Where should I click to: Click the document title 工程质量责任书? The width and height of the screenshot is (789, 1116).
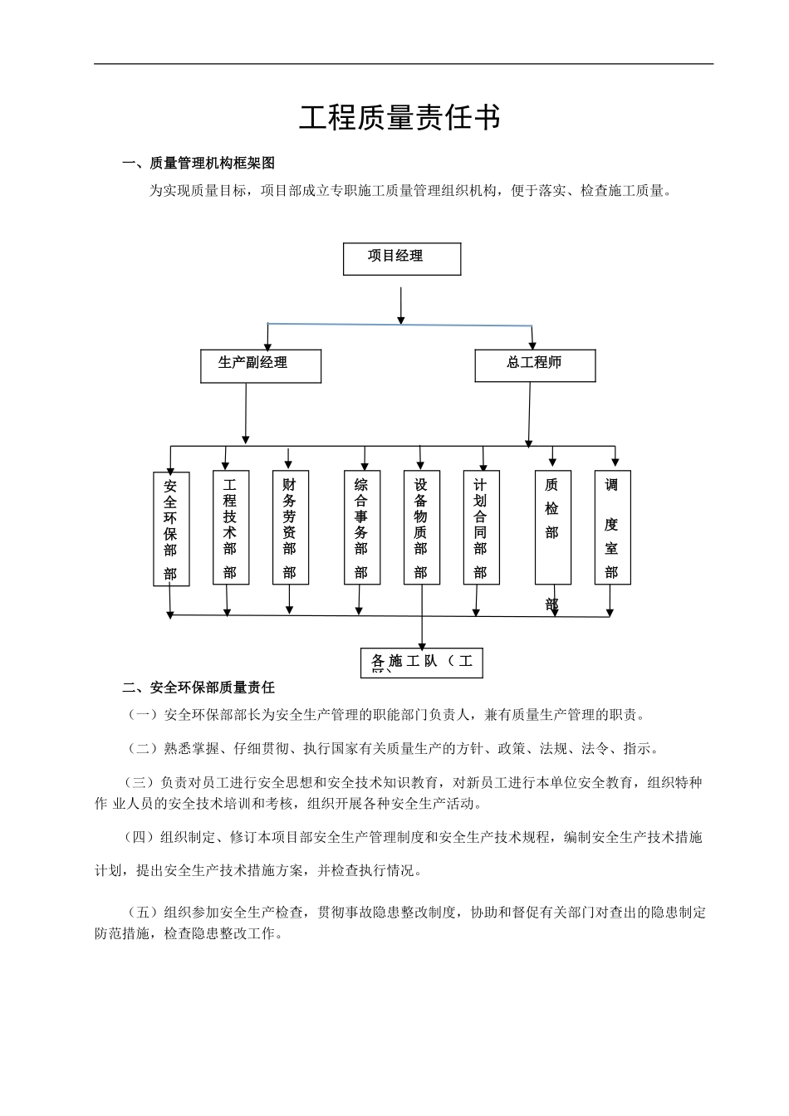click(x=399, y=118)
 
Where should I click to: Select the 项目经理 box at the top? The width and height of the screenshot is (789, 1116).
click(x=402, y=258)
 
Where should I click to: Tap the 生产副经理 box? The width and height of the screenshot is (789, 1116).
click(x=261, y=365)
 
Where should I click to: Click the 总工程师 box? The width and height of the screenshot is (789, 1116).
click(x=535, y=365)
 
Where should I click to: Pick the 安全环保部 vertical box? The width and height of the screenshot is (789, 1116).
click(x=171, y=528)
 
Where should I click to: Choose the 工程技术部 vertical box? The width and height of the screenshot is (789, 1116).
click(x=231, y=527)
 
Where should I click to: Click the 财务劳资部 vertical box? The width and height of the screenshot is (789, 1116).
click(x=290, y=527)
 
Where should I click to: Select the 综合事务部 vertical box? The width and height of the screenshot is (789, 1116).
click(x=362, y=527)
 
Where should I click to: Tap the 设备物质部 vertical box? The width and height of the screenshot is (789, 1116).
click(x=422, y=527)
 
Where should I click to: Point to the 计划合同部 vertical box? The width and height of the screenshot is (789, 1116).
click(x=481, y=527)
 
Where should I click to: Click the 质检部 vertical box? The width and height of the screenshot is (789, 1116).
click(x=552, y=527)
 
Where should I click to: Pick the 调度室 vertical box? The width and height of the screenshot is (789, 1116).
click(x=612, y=527)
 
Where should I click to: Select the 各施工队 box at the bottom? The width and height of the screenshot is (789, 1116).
click(x=422, y=663)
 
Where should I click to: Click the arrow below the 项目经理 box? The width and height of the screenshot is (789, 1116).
click(x=402, y=305)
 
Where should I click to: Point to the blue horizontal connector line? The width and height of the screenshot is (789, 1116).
click(x=399, y=323)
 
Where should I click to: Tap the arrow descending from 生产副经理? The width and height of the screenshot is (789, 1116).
click(x=246, y=412)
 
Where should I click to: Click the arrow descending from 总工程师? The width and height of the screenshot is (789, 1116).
click(x=529, y=414)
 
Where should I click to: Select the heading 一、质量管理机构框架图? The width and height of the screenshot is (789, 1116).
click(x=198, y=163)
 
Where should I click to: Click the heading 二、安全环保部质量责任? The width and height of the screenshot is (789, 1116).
click(x=198, y=687)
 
